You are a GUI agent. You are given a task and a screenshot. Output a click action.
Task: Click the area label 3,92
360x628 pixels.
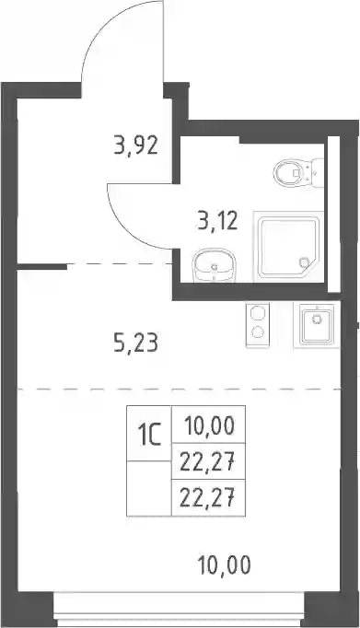pyautogui.click(x=135, y=145)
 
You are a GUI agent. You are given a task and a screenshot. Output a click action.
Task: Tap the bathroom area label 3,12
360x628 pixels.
pyautogui.click(x=218, y=220)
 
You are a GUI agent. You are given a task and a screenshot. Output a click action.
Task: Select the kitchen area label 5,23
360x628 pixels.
pyautogui.click(x=135, y=343)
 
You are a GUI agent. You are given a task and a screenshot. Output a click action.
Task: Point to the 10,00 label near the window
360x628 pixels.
pyautogui.click(x=225, y=564)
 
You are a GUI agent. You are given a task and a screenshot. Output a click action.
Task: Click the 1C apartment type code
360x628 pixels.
pyautogui.click(x=149, y=436)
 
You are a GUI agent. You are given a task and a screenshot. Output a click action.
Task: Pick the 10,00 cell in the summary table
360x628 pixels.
pyautogui.click(x=209, y=425)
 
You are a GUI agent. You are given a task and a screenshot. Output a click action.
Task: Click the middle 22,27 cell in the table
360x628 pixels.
pyautogui.click(x=209, y=461)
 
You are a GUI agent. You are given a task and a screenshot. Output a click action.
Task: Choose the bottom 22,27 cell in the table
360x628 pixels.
pyautogui.click(x=209, y=498)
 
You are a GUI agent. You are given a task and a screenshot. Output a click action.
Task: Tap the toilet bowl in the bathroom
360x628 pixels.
pyautogui.click(x=289, y=173)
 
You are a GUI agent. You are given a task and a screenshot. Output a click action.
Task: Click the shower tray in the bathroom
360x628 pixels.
pyautogui.click(x=288, y=247)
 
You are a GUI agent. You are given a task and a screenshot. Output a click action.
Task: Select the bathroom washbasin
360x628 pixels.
pyautogui.click(x=215, y=266)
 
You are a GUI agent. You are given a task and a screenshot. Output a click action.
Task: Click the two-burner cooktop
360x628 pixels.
pyautogui.click(x=258, y=325)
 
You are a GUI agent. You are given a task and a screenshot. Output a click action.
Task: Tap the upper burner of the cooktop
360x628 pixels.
pyautogui.click(x=257, y=313)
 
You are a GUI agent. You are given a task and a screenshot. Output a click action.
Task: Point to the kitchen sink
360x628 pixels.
pyautogui.click(x=317, y=324)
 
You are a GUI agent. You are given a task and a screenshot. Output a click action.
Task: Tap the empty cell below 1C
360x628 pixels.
pyautogui.click(x=149, y=488)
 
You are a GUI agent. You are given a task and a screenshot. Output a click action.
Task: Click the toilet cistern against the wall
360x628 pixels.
pyautogui.click(x=317, y=173)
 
